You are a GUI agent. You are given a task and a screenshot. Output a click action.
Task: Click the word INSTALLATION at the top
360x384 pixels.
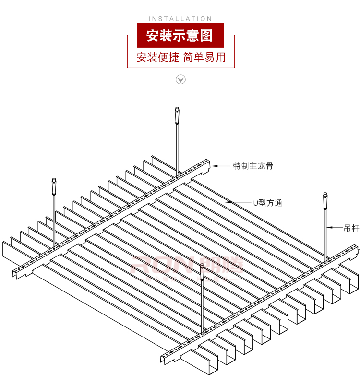click(x=180, y=19)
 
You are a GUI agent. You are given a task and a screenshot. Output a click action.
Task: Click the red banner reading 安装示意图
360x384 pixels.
click(x=179, y=35)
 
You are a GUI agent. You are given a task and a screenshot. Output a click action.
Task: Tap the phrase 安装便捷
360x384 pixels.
click(x=157, y=58)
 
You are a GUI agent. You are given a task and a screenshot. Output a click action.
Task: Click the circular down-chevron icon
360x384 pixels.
click(x=180, y=80)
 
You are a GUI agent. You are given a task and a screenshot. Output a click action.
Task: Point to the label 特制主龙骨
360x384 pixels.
click(x=253, y=166)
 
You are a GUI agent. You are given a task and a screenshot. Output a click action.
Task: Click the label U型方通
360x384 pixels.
click(x=268, y=203)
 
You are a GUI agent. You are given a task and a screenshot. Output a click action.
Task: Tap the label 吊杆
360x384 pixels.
click(x=352, y=228)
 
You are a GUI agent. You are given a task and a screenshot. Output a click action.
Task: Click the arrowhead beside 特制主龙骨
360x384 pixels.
click(x=215, y=166)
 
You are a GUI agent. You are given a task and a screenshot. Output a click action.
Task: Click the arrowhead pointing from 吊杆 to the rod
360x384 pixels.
click(x=330, y=227)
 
